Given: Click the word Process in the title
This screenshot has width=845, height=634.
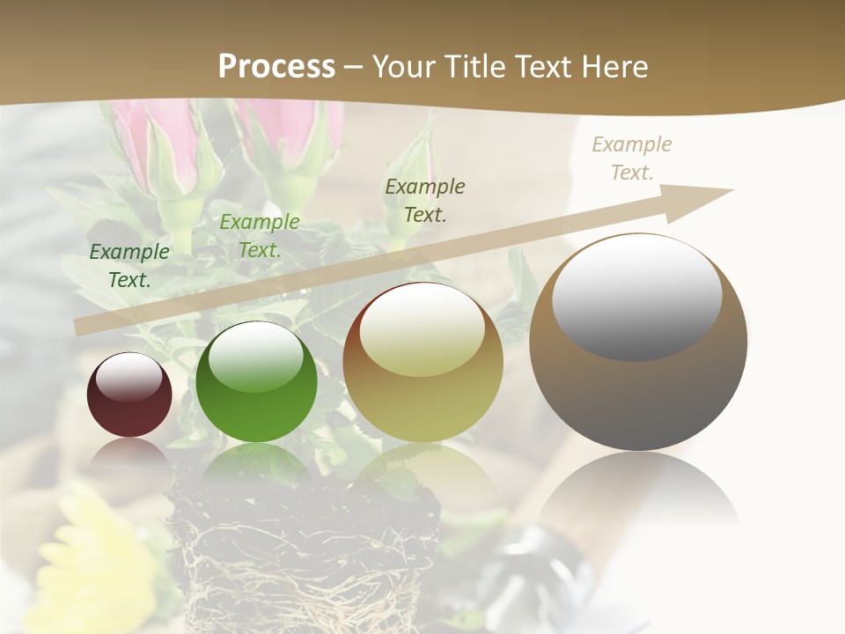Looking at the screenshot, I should pos(276,67).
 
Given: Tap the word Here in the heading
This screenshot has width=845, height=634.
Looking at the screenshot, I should pos(613,67).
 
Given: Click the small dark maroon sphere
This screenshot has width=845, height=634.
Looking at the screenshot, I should pos(129,395).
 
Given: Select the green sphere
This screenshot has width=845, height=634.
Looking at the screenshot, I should pos(256,382).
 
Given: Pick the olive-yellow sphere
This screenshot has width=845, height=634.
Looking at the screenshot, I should pos(422,363).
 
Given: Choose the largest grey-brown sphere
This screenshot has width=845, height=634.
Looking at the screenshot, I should pos(638,343).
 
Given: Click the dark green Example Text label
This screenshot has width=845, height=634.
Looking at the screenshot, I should pos(129,265).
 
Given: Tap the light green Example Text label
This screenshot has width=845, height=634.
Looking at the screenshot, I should pos(259,236).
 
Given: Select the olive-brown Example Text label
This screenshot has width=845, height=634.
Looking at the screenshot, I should pos(425,200).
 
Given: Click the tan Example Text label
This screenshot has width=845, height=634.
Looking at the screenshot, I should pos(631,158).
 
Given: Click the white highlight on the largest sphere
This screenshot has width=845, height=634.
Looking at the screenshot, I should pos(636,297).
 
